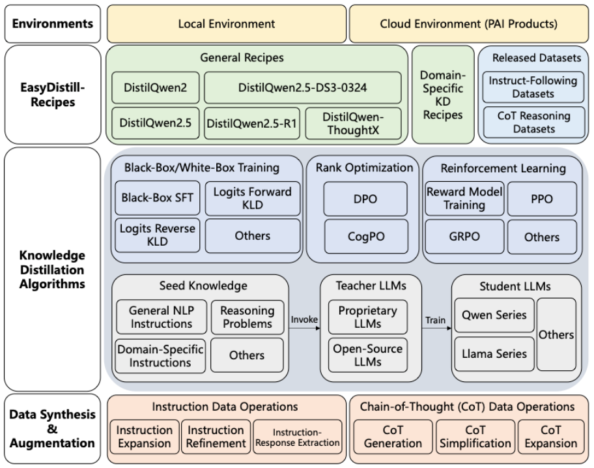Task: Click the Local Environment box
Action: pyautogui.click(x=227, y=23)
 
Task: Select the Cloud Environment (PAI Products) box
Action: pyautogui.click(x=468, y=23)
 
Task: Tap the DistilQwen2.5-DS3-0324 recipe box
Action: pyautogui.click(x=302, y=87)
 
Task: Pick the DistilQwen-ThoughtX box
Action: pyautogui.click(x=353, y=123)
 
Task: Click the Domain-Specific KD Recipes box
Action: pyautogui.click(x=443, y=95)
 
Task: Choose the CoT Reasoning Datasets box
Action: pyautogui.click(x=534, y=122)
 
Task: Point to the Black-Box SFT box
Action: pyautogui.click(x=157, y=198)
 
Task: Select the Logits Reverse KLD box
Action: pyautogui.click(x=157, y=235)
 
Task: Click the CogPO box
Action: pyautogui.click(x=366, y=236)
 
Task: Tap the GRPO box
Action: pyautogui.click(x=464, y=236)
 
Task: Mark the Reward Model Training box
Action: pyautogui.click(x=464, y=198)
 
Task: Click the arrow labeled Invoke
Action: pyautogui.click(x=304, y=328)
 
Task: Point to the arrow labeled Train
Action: pyautogui.click(x=437, y=328)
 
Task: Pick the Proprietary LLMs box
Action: pyautogui.click(x=368, y=317)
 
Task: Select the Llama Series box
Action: pyautogui.click(x=494, y=354)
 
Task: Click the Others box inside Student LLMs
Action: pyautogui.click(x=556, y=334)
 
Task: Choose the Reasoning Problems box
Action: pyautogui.click(x=247, y=317)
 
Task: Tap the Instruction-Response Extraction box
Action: pyautogui.click(x=298, y=437)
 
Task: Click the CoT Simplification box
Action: pyautogui.click(x=475, y=437)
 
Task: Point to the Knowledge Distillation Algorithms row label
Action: pyautogui.click(x=52, y=269)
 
